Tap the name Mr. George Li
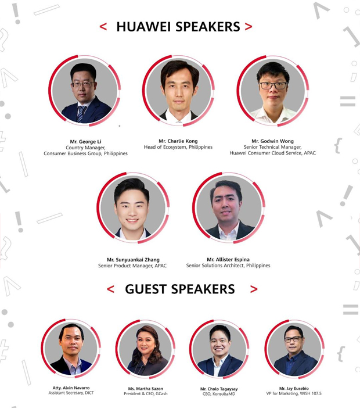(x=85, y=142)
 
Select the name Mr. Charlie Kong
(x=178, y=141)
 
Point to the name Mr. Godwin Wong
(x=272, y=141)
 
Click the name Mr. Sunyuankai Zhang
(x=133, y=260)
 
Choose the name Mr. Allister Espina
(x=228, y=259)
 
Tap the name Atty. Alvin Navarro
(x=71, y=388)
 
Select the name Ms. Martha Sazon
(x=146, y=389)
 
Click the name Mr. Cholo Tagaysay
(x=219, y=389)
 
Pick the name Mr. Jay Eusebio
(x=294, y=388)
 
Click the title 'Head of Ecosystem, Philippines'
(x=178, y=147)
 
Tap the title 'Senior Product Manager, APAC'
(x=132, y=266)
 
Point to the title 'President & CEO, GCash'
(x=146, y=393)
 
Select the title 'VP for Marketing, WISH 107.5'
(x=294, y=393)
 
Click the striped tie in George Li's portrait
(x=81, y=114)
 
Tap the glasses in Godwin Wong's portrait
(x=273, y=85)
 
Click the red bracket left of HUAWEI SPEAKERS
(x=103, y=27)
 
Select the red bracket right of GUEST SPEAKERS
(x=254, y=289)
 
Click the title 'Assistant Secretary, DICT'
(x=71, y=393)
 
